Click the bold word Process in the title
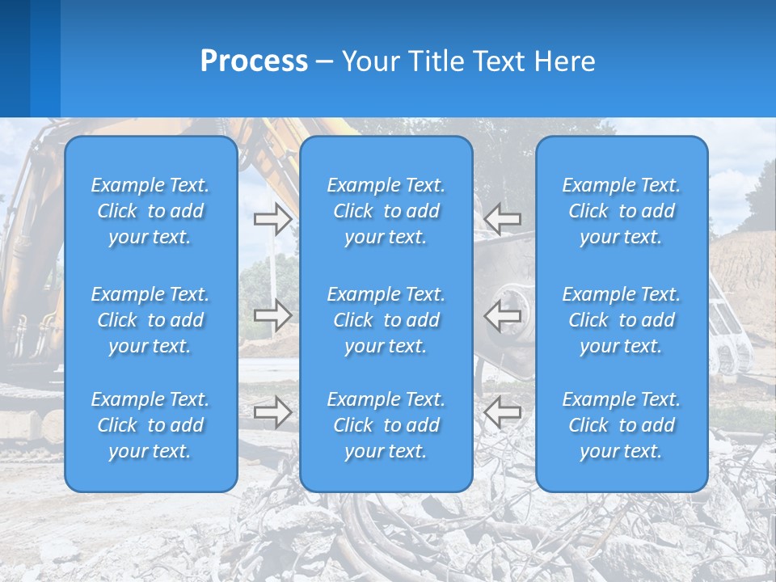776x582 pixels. click(254, 61)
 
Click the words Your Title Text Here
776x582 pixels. click(468, 61)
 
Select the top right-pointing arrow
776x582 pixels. click(273, 219)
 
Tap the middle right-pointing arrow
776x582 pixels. click(273, 315)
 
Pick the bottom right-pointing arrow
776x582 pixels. click(273, 412)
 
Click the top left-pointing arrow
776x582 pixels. click(503, 219)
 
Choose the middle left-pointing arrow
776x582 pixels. click(503, 315)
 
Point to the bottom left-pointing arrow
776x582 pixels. click(503, 412)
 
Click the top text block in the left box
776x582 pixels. click(150, 211)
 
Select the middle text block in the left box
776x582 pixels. click(150, 320)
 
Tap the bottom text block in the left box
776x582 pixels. click(150, 425)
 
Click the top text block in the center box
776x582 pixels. click(386, 211)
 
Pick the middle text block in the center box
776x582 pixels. click(386, 320)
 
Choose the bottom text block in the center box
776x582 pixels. click(386, 425)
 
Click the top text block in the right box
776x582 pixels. click(622, 211)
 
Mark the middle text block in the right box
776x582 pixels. click(622, 320)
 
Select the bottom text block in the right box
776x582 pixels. click(622, 425)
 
